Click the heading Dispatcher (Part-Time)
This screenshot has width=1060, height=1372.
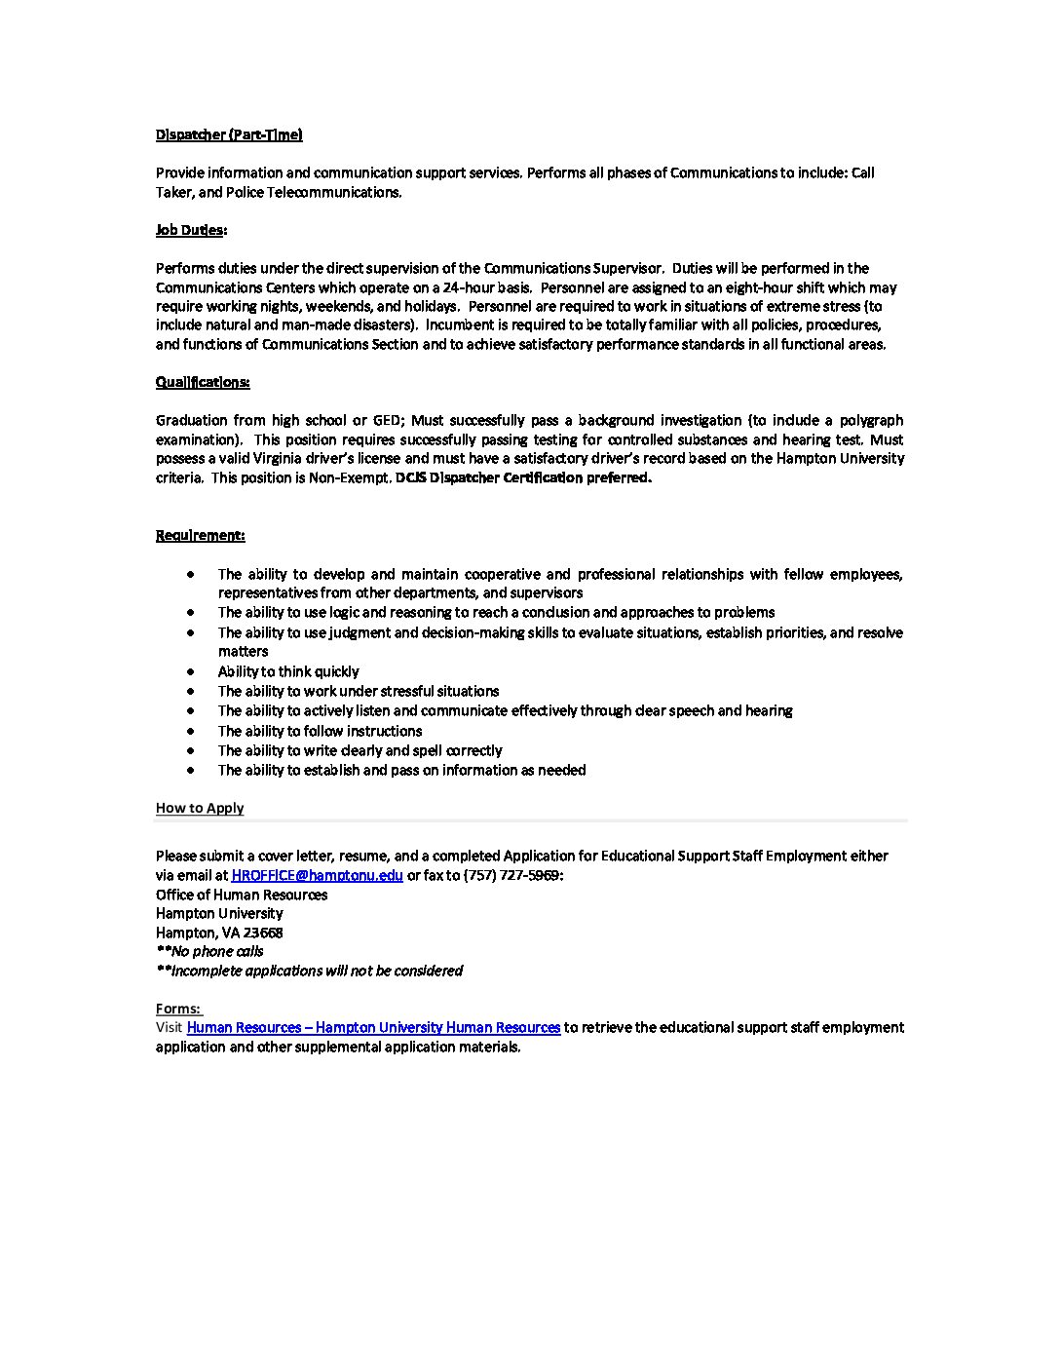click(x=229, y=134)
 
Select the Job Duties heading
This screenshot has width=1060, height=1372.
click(x=191, y=230)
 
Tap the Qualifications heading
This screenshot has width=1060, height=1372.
click(x=203, y=382)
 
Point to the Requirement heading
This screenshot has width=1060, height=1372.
click(x=200, y=535)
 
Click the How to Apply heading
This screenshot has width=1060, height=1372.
click(x=200, y=808)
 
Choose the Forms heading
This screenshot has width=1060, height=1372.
click(x=178, y=1009)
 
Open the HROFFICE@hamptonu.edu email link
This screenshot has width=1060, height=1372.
click(x=317, y=875)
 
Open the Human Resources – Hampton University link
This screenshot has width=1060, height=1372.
click(x=373, y=1027)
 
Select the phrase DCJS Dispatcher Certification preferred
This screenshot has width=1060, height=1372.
click(x=524, y=477)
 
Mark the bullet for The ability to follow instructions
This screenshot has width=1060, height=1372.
click(x=191, y=731)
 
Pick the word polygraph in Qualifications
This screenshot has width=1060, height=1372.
click(x=865, y=420)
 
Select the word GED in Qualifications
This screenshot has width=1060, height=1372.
click(x=385, y=420)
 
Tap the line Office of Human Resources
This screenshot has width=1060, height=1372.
click(x=242, y=895)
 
